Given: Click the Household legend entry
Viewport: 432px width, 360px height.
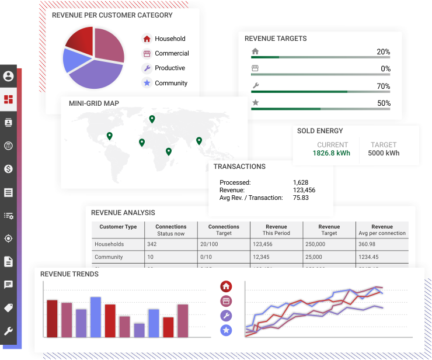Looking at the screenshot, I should point(169,39).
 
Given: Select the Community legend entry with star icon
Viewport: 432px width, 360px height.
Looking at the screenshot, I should point(170,83).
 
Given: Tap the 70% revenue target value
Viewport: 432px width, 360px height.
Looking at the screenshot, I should point(383,86).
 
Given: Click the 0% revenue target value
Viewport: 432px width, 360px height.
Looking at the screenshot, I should point(385,69).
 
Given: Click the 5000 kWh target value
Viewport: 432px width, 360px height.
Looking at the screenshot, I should point(384,154).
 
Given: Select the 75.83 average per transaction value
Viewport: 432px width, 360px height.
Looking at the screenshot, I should point(301,198).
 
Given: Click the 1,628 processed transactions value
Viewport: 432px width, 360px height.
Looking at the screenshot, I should point(301,182).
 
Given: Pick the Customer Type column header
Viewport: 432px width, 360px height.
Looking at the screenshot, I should point(118,227).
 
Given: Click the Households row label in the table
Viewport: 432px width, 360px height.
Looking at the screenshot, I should point(109,244).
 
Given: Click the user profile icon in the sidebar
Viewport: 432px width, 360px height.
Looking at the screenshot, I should point(8,76).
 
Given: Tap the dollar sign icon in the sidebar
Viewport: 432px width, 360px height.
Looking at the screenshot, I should point(8,169).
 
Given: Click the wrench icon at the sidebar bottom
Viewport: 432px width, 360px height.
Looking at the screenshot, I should point(8,331).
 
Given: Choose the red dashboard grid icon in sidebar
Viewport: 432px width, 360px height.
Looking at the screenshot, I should point(8,99).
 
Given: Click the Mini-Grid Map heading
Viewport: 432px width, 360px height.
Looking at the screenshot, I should point(94,103).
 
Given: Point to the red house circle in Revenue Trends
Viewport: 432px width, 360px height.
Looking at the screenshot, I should point(226,286).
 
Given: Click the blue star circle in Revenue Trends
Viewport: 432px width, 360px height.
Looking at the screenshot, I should point(226,331).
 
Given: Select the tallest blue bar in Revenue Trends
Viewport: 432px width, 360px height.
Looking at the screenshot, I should point(95,317).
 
